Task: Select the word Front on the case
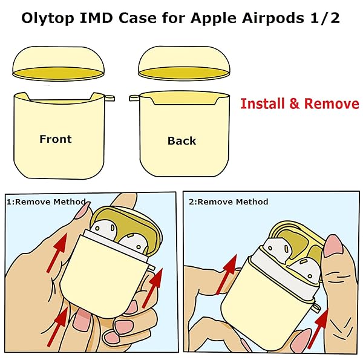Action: [x=55, y=139]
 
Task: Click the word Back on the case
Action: [x=181, y=141]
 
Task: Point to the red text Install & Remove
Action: [x=299, y=103]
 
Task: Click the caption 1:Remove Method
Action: [x=45, y=201]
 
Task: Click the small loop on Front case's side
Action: [x=109, y=96]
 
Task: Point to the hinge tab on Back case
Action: [x=134, y=97]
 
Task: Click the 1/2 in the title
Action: [x=327, y=18]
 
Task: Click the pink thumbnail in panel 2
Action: [x=333, y=248]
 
